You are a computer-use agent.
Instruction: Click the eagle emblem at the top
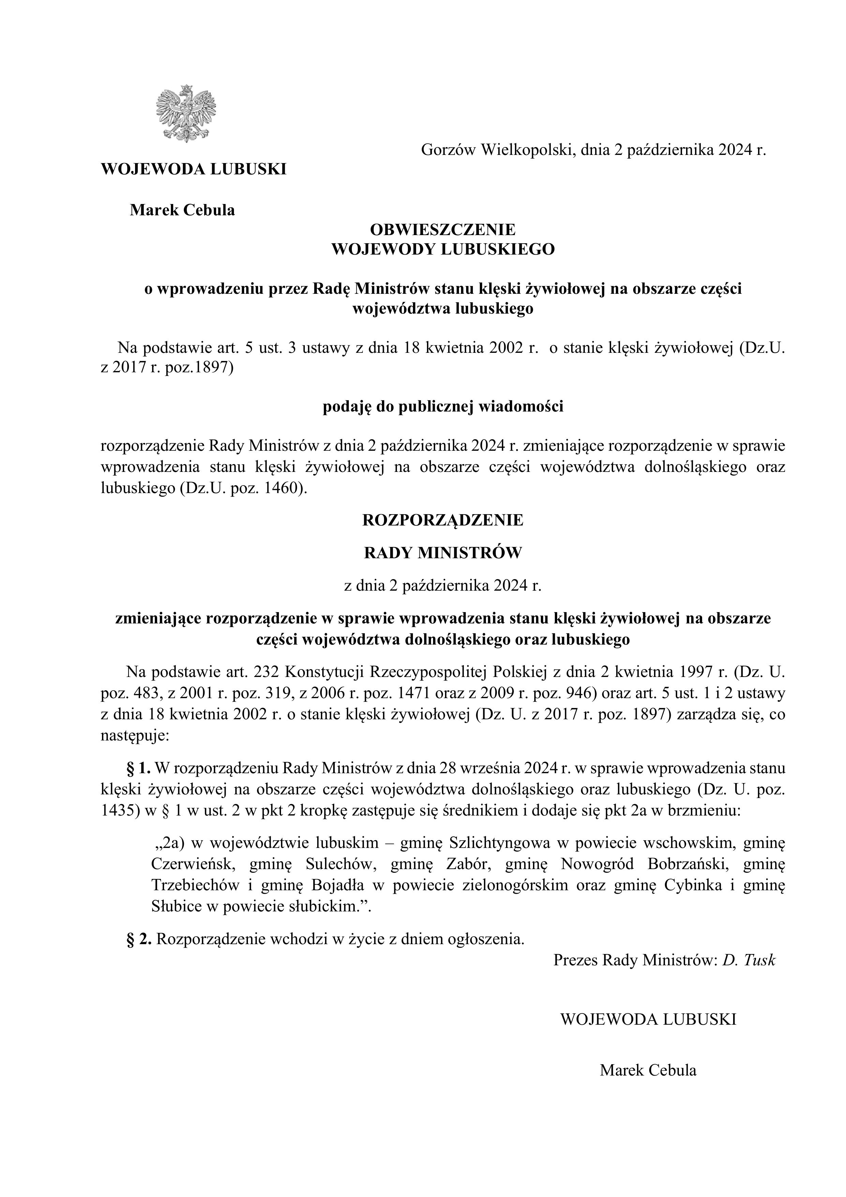185,114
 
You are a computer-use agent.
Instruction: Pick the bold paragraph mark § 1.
138,768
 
